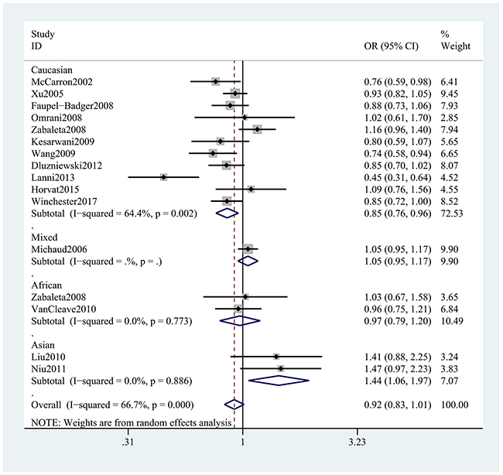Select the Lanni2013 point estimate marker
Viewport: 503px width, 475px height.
[x=163, y=177]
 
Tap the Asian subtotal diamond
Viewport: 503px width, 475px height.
[x=278, y=380]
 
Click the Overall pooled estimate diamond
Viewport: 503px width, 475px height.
[x=234, y=404]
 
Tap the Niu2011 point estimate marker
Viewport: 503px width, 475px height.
[x=280, y=368]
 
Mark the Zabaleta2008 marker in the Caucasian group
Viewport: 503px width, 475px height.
[x=257, y=129]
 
